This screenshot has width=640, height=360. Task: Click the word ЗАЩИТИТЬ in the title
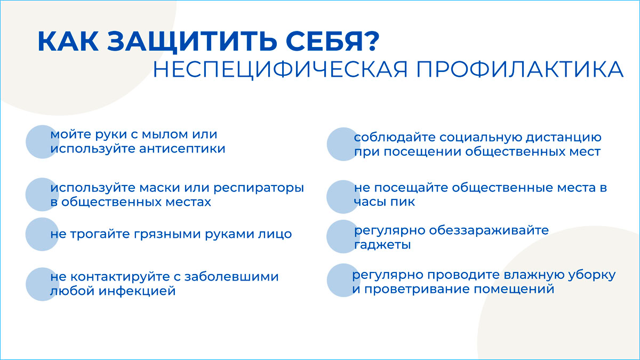coord(192,42)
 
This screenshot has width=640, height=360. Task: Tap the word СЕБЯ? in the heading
coord(332,41)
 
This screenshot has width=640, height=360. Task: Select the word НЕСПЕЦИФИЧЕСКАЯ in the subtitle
coord(280,70)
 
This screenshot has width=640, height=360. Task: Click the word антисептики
coord(182,149)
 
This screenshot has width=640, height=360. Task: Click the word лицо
coord(275,234)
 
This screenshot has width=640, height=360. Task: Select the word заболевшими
coord(231,277)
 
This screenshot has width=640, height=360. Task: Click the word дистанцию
coord(564,138)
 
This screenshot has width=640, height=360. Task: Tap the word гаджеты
coord(382,245)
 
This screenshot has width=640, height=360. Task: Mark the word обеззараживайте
coord(489,230)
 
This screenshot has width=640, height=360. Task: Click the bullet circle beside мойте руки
coord(42,142)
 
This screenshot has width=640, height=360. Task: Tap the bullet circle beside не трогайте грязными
coord(42,234)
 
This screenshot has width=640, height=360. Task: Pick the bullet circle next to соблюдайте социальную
coord(343,144)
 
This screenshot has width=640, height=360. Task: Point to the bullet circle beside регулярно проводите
coord(343,280)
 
